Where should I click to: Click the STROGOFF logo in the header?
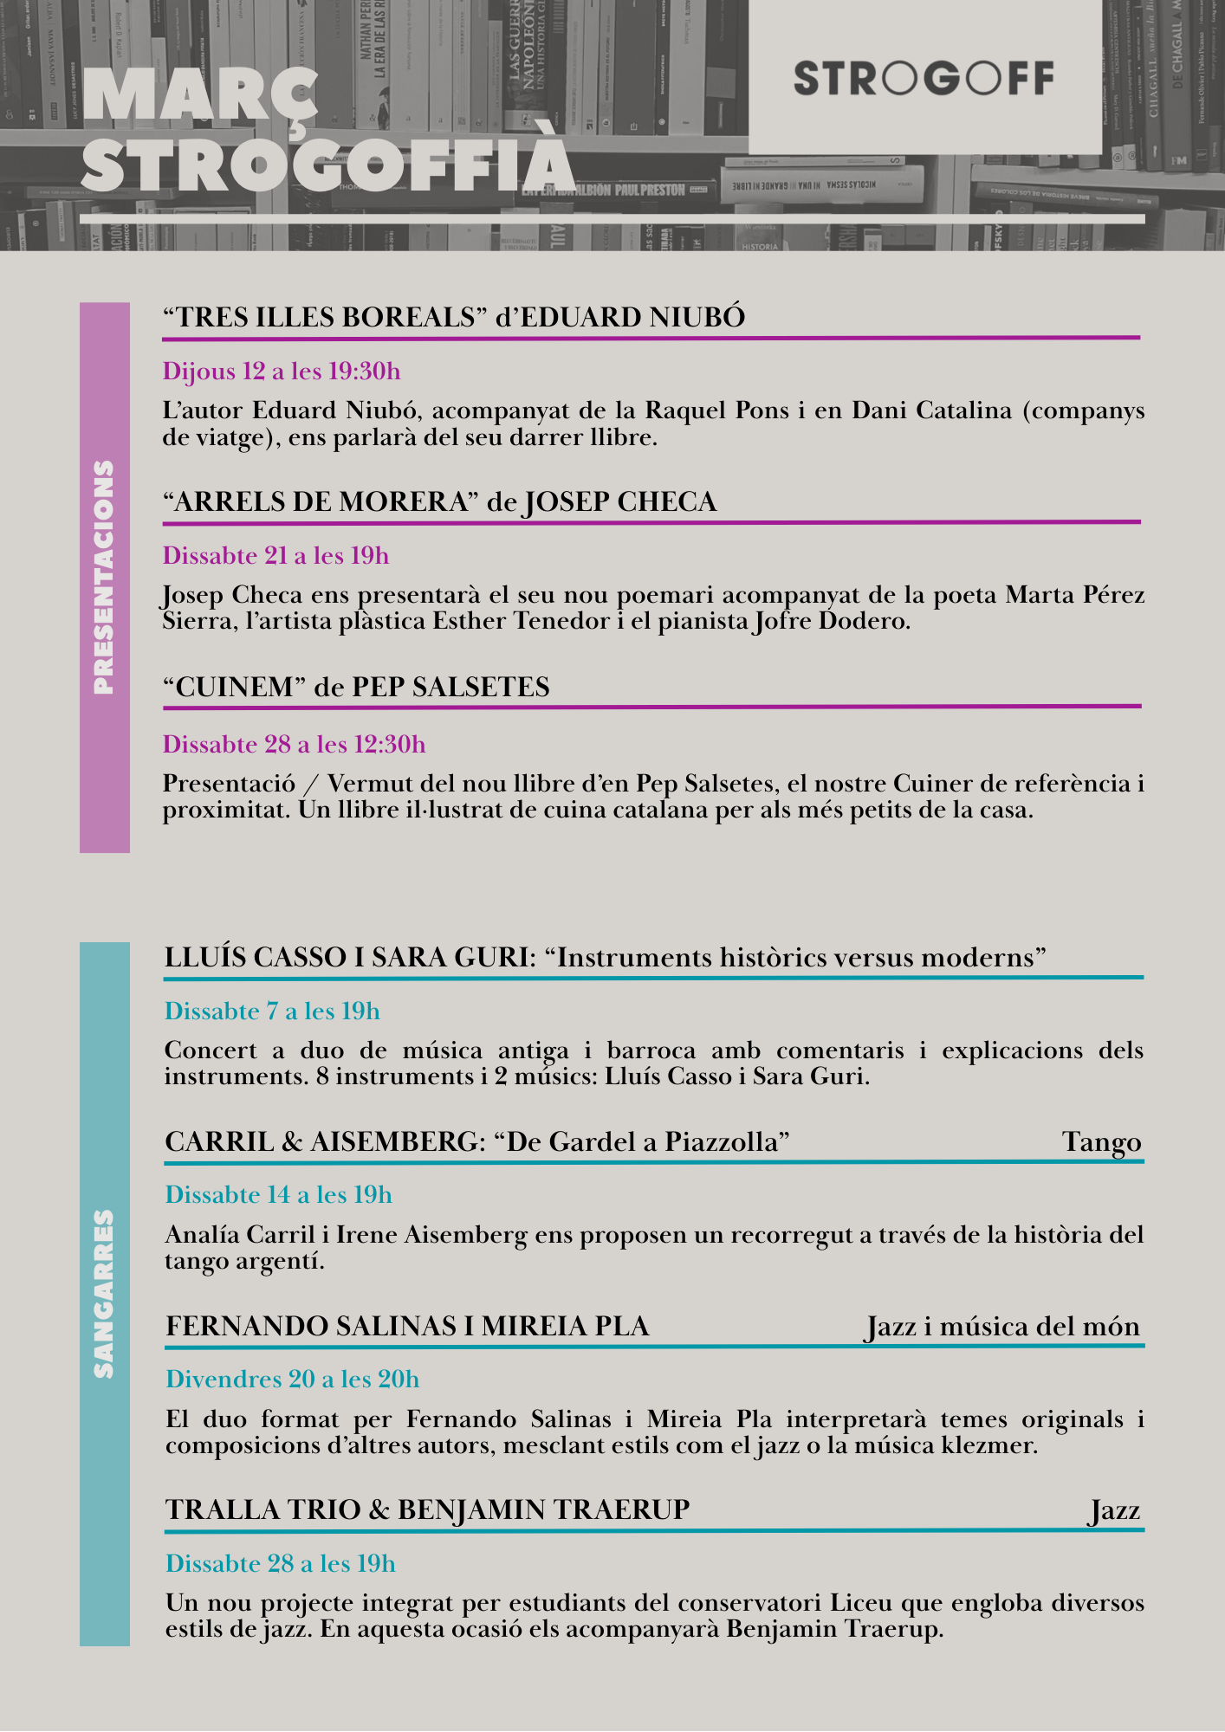coord(924,78)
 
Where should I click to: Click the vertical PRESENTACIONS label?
coord(104,577)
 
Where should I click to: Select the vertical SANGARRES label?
coord(104,1294)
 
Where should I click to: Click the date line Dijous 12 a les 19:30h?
coord(282,372)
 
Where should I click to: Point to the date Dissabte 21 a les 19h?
coord(275,556)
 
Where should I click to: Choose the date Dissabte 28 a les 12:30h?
coord(294,745)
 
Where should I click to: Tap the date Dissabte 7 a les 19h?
coord(272,1011)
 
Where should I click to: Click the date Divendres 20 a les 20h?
coord(292,1380)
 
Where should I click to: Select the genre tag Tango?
coord(1102,1142)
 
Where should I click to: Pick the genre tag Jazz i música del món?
coord(1002,1327)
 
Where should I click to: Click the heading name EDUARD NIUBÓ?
coord(632,318)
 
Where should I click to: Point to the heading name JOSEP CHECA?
coord(620,502)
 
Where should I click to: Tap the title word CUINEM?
coord(236,688)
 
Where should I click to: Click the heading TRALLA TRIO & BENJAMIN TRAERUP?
coord(428,1509)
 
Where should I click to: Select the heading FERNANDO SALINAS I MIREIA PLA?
coord(407,1327)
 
